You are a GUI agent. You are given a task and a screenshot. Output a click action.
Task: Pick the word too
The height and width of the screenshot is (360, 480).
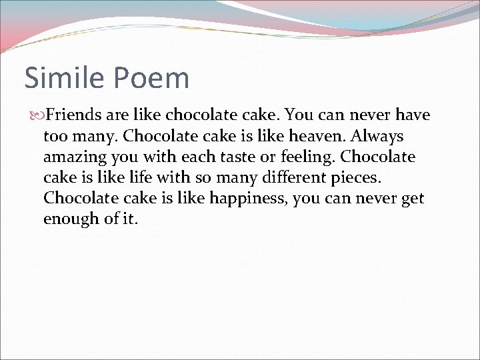[x=55, y=137]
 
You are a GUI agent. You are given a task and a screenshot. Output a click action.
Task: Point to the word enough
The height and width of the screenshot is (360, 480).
[x=69, y=219]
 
